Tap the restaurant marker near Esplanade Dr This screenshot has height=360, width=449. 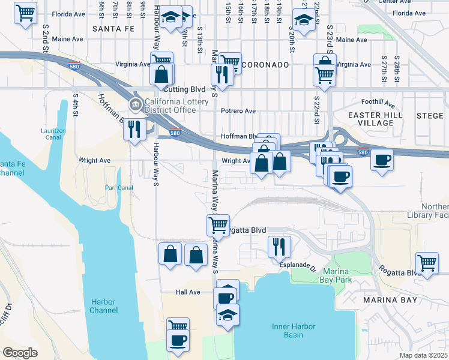click(279, 247)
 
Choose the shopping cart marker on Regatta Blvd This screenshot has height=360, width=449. click(218, 225)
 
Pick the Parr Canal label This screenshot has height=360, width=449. click(118, 187)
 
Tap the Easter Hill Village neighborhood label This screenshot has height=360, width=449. click(372, 118)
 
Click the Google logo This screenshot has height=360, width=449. click(20, 353)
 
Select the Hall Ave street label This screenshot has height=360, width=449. click(188, 292)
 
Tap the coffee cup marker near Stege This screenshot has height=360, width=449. click(382, 160)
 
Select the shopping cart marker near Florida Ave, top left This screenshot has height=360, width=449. click(25, 13)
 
